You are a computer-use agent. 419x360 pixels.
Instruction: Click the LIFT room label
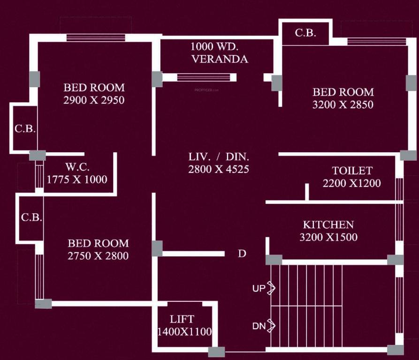point(182,319)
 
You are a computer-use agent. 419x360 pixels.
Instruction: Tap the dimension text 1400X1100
point(184,331)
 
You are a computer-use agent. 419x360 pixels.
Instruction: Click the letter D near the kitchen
point(242,254)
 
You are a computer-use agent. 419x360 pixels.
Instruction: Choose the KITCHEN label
point(328,225)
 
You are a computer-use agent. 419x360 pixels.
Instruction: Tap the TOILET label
point(352,171)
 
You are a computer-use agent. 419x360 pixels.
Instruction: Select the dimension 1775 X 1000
point(77,180)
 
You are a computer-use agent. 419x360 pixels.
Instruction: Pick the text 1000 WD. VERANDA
point(220,53)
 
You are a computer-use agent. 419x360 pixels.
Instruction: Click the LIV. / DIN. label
point(219,157)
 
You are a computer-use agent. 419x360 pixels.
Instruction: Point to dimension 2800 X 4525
point(219,170)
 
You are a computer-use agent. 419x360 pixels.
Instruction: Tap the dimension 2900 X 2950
point(94,100)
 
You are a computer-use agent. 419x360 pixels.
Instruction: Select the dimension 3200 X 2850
point(343,105)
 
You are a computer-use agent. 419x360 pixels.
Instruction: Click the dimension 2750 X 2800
point(98,256)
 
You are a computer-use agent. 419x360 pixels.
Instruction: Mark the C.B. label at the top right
point(305,33)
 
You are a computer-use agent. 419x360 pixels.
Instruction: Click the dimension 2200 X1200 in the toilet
point(351,183)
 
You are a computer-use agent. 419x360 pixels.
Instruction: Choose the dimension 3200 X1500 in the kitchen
point(328,237)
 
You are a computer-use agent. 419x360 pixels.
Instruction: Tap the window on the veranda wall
point(204,77)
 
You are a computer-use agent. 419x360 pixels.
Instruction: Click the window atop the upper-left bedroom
point(95,38)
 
